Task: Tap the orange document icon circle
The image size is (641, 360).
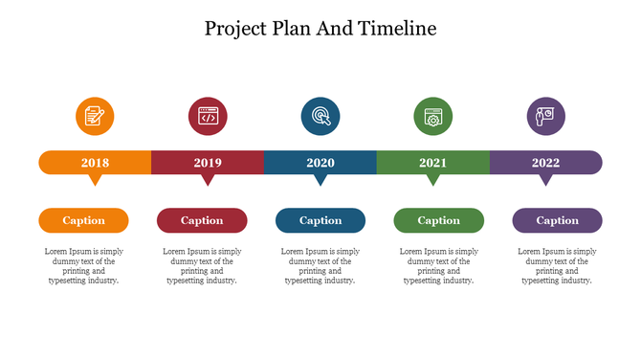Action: [95, 117]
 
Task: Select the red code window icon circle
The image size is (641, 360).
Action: [208, 117]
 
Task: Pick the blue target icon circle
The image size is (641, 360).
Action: [320, 117]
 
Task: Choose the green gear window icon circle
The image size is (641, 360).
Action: [432, 117]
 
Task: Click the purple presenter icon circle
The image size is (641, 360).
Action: [545, 117]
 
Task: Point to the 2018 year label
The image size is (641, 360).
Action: [95, 163]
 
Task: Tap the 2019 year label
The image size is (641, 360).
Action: [208, 163]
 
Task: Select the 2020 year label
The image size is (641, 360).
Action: [320, 163]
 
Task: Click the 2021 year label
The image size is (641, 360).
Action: [432, 163]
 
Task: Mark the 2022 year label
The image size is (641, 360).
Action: [545, 163]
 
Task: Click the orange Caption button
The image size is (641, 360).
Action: [84, 220]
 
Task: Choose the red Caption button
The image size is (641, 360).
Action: [202, 220]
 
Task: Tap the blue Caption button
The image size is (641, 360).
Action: [320, 220]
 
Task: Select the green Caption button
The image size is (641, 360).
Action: [438, 220]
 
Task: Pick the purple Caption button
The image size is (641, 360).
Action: [557, 220]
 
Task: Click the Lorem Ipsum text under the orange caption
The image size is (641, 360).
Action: [84, 266]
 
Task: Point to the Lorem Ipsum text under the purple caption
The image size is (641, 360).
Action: [557, 266]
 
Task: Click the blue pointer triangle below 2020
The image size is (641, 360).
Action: [320, 180]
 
